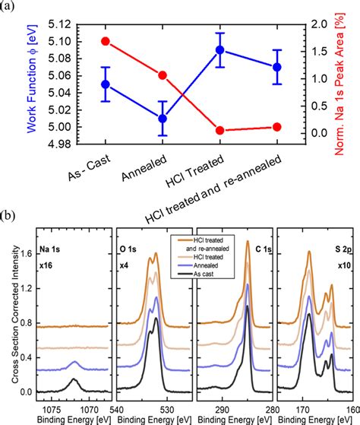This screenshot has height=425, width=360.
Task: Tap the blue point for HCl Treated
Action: (241, 50)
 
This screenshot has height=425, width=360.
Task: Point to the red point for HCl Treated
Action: (241, 131)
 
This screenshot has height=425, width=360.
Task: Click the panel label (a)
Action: (9, 8)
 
